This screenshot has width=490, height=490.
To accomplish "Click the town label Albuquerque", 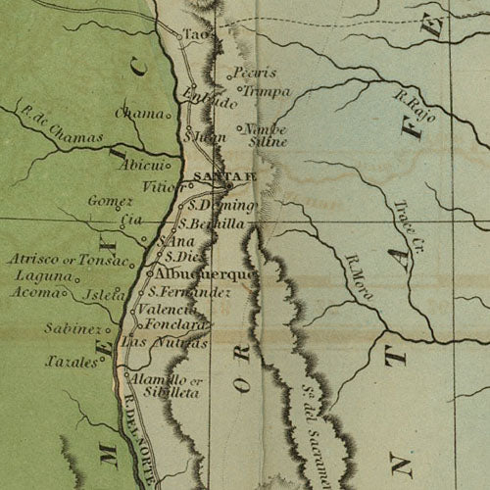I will pos(206,274).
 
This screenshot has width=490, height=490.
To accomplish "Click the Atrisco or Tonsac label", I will pos(69,261).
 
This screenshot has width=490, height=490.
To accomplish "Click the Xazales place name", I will pos(71,362).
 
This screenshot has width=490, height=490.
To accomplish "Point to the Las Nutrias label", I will pos(164,343).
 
